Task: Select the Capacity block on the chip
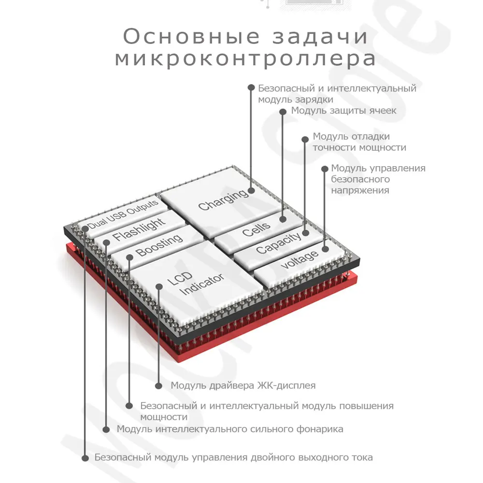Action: click(278, 243)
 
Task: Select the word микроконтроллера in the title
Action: click(245, 59)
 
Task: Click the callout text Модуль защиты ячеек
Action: click(343, 111)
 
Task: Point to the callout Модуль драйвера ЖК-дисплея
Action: click(243, 385)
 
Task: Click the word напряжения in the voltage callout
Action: click(360, 190)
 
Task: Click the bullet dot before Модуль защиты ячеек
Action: click(284, 111)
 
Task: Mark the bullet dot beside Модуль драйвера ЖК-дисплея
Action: click(158, 385)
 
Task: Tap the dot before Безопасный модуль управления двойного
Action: click(85, 457)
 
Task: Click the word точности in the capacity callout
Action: click(332, 148)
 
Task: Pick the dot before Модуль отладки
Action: click(305, 139)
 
